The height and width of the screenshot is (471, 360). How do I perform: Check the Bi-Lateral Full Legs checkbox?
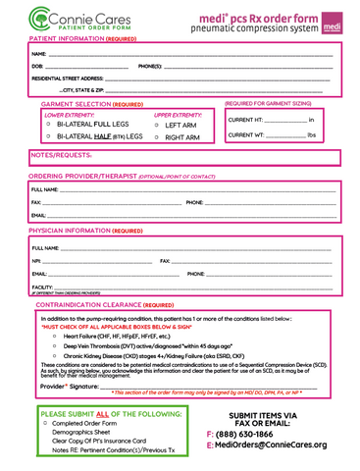point(48,126)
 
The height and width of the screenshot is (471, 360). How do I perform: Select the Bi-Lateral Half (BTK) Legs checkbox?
point(48,137)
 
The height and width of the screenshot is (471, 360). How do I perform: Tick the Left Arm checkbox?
point(158,126)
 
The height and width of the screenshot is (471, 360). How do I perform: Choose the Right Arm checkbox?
point(158,138)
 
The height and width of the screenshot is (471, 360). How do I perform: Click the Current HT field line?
point(284,120)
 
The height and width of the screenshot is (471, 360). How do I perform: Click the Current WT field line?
point(284,135)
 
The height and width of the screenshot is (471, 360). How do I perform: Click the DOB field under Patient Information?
point(83,67)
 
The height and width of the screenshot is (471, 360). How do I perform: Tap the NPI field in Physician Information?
point(98,261)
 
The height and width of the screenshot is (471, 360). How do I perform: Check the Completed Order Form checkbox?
point(46,423)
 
